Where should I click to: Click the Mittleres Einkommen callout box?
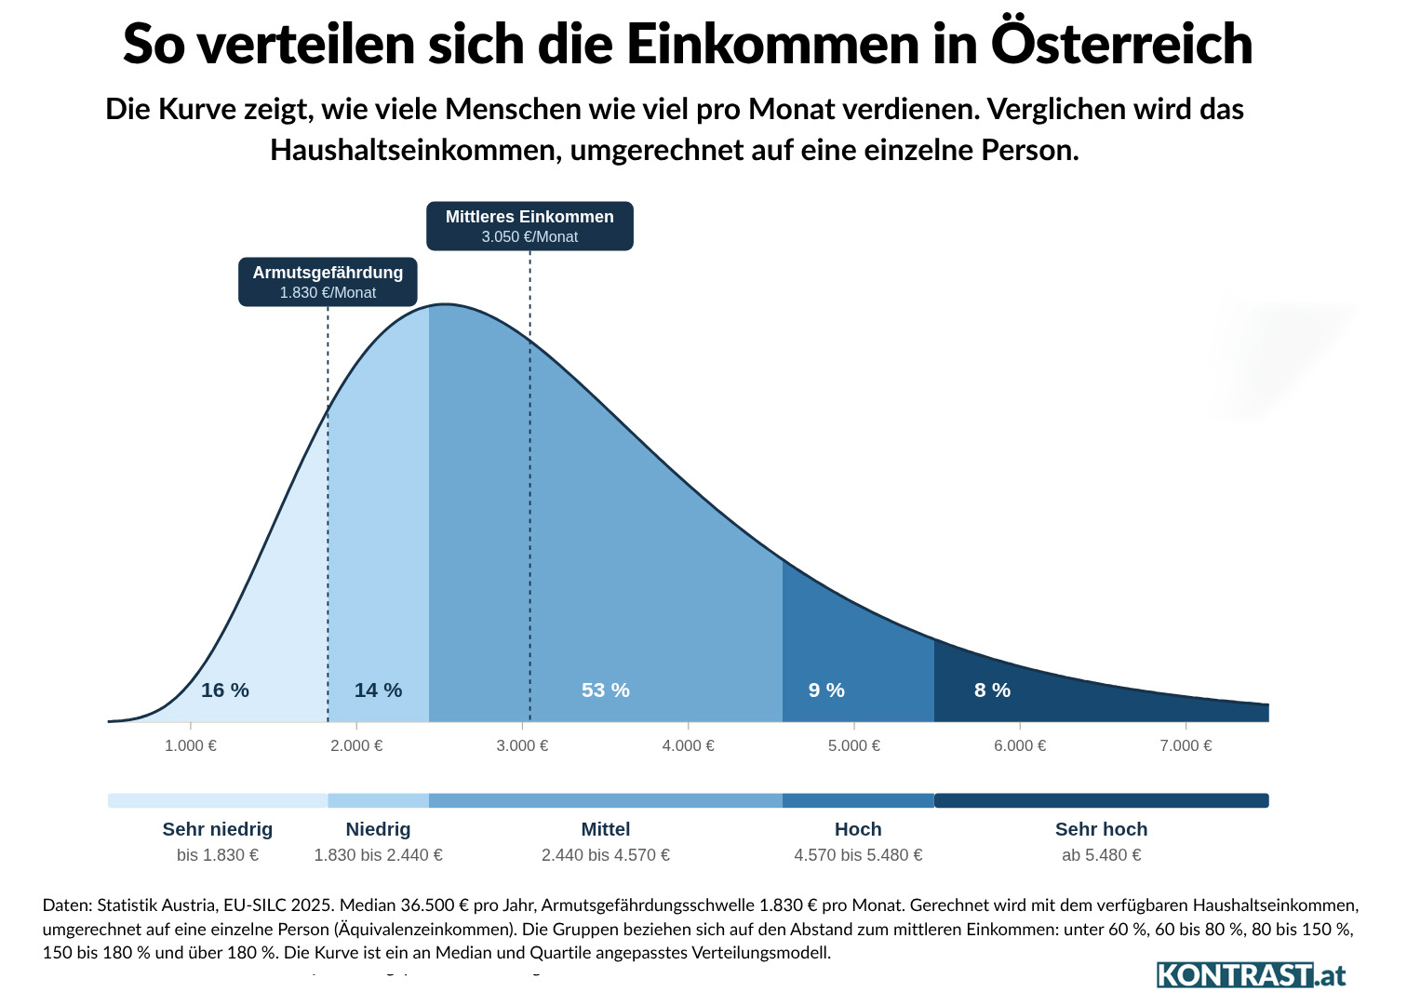[x=529, y=226]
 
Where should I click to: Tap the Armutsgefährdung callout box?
[x=328, y=282]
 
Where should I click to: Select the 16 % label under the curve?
[x=225, y=690]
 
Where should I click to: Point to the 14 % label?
[x=378, y=690]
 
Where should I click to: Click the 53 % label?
[x=606, y=690]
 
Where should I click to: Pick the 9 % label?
[x=826, y=690]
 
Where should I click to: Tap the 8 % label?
[x=992, y=690]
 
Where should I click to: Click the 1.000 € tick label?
[x=191, y=745]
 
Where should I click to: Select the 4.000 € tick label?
[x=689, y=745]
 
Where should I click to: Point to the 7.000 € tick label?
[x=1186, y=745]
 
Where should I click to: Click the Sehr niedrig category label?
[x=218, y=829]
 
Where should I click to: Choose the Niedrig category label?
[x=378, y=829]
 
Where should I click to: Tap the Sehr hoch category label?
[x=1101, y=829]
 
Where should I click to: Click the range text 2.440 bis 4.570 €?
[x=606, y=855]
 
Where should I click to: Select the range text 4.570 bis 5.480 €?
[x=858, y=855]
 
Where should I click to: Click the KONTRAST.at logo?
[x=1252, y=975]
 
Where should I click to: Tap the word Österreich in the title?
[x=1122, y=43]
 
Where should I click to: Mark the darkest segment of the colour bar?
[x=1101, y=800]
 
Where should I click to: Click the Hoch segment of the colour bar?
[x=858, y=800]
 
